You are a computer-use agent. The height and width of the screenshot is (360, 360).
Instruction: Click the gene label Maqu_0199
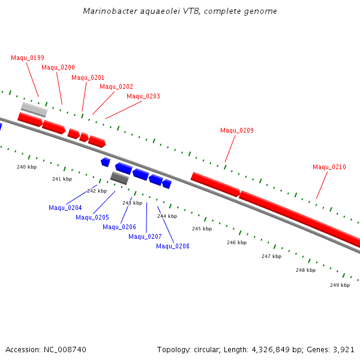28,58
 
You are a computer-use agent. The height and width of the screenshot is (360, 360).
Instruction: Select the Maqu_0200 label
58,68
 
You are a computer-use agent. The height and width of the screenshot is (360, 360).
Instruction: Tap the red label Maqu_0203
143,97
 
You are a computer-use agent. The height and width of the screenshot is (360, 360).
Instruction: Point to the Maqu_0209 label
237,131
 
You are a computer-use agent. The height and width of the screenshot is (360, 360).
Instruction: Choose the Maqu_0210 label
329,167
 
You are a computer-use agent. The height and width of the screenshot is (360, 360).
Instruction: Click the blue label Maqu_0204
65,208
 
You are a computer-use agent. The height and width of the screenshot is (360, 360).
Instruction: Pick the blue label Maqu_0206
119,227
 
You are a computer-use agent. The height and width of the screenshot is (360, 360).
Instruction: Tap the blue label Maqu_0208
173,247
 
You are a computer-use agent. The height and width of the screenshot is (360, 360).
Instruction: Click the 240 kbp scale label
26,167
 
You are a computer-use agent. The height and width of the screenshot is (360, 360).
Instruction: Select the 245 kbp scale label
202,229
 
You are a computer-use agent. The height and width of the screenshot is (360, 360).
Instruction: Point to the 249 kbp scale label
340,286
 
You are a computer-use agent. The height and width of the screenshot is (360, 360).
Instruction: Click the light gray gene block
34,109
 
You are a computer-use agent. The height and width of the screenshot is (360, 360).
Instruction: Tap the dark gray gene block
119,178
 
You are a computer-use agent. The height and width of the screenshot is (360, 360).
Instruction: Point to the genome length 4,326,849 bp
277,349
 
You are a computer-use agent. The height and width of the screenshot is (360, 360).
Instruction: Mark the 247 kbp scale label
271,257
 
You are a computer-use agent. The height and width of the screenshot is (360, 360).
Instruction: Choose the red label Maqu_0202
116,87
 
